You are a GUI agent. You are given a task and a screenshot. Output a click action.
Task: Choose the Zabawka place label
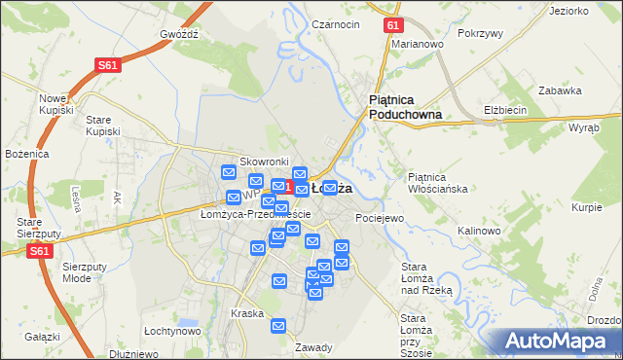click(560, 90)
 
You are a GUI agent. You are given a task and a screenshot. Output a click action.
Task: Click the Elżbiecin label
click(505, 111)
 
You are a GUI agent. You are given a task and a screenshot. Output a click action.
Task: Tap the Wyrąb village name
click(584, 127)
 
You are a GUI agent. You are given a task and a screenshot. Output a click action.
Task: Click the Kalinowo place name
click(479, 231)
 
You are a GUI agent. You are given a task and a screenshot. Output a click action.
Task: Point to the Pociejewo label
click(380, 218)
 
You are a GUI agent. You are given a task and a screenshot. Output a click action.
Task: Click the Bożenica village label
click(26, 154)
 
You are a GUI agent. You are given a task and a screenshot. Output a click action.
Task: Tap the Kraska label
click(247, 313)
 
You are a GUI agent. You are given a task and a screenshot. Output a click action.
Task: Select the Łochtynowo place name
click(172, 331)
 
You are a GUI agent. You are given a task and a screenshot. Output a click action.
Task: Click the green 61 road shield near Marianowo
click(391, 25)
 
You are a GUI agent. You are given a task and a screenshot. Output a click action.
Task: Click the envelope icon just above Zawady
click(278, 326)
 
